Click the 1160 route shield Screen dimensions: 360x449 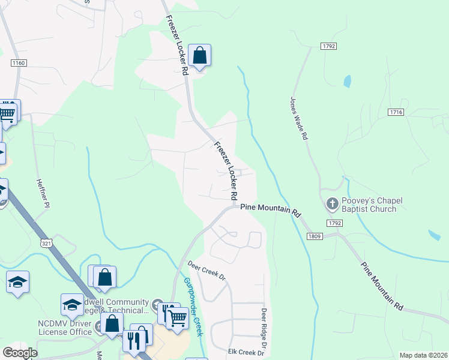pyautogui.click(x=19, y=62)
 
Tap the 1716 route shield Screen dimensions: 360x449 pyautogui.click(x=396, y=112)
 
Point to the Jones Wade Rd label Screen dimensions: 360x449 pyautogui.click(x=299, y=119)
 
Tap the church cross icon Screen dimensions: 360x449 pyautogui.click(x=332, y=205)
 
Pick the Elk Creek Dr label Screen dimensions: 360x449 pyautogui.click(x=246, y=353)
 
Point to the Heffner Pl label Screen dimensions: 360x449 pyautogui.click(x=42, y=193)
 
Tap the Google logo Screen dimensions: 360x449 pyautogui.click(x=20, y=353)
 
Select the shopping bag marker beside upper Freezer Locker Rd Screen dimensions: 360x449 pyautogui.click(x=200, y=56)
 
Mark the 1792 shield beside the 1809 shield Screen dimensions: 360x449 pyautogui.click(x=335, y=223)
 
